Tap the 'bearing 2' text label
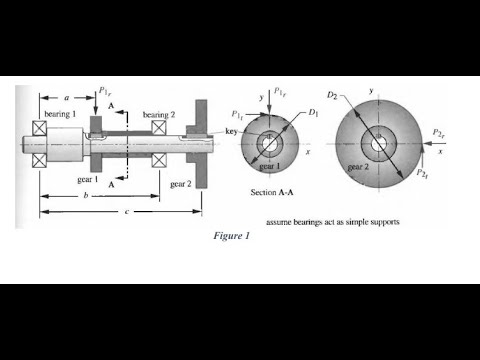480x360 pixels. [160, 115]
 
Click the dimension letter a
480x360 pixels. [66, 99]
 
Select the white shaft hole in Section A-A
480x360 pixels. [270, 144]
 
